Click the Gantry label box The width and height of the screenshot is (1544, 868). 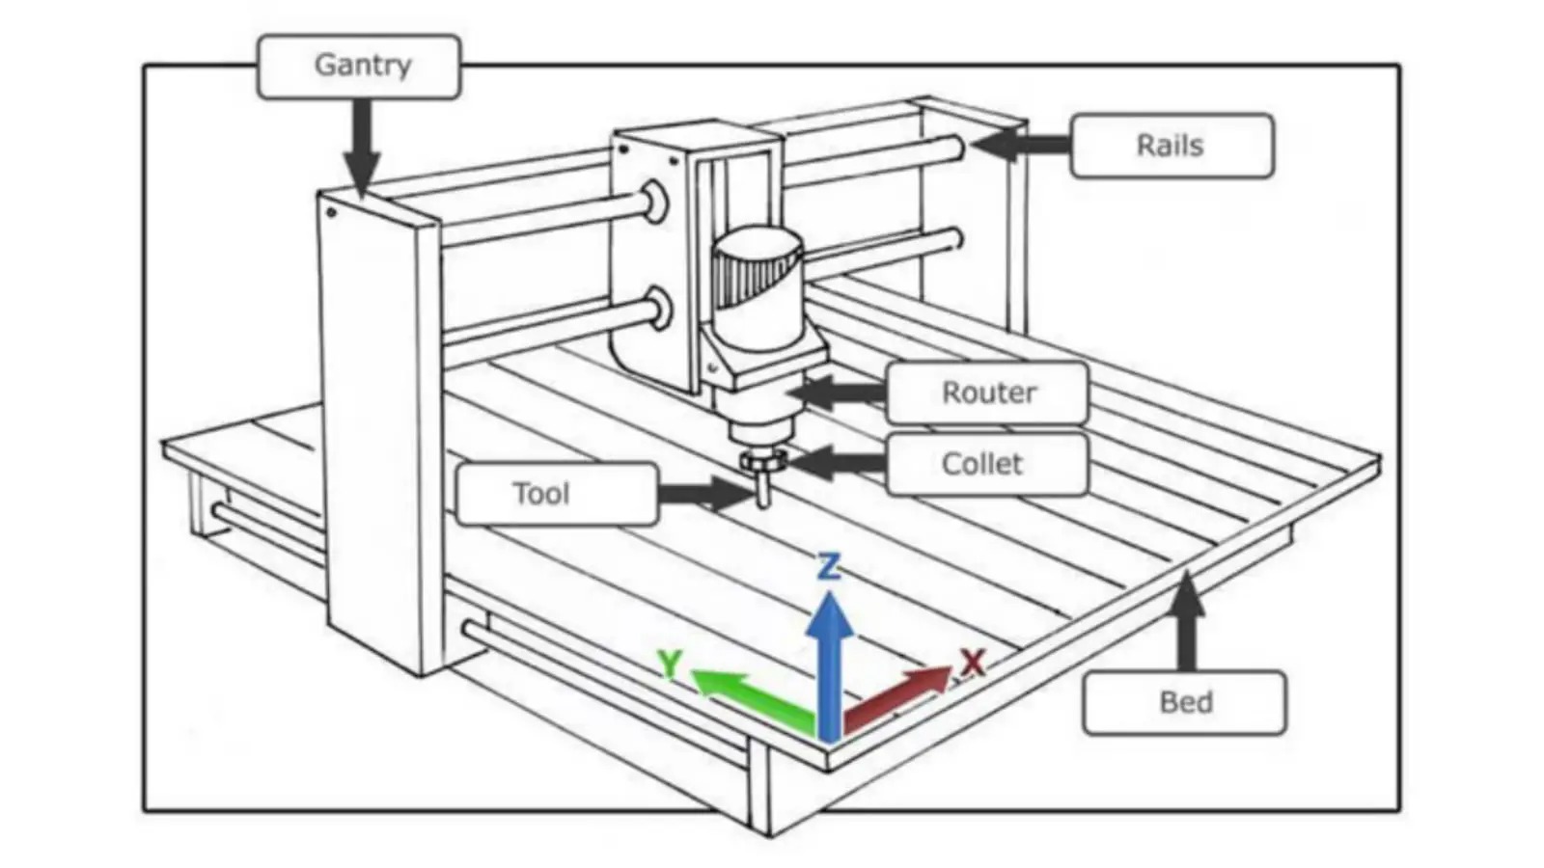pos(359,67)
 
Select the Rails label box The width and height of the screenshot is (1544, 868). pos(1172,146)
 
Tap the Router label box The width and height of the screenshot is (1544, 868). pos(987,393)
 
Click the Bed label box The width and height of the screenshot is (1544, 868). pos(1184,702)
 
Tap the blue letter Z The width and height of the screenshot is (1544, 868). pos(829,567)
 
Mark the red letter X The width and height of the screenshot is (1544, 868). pos(972,663)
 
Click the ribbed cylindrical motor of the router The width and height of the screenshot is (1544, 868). pos(758,280)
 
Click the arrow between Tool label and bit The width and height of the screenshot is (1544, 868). pos(704,494)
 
